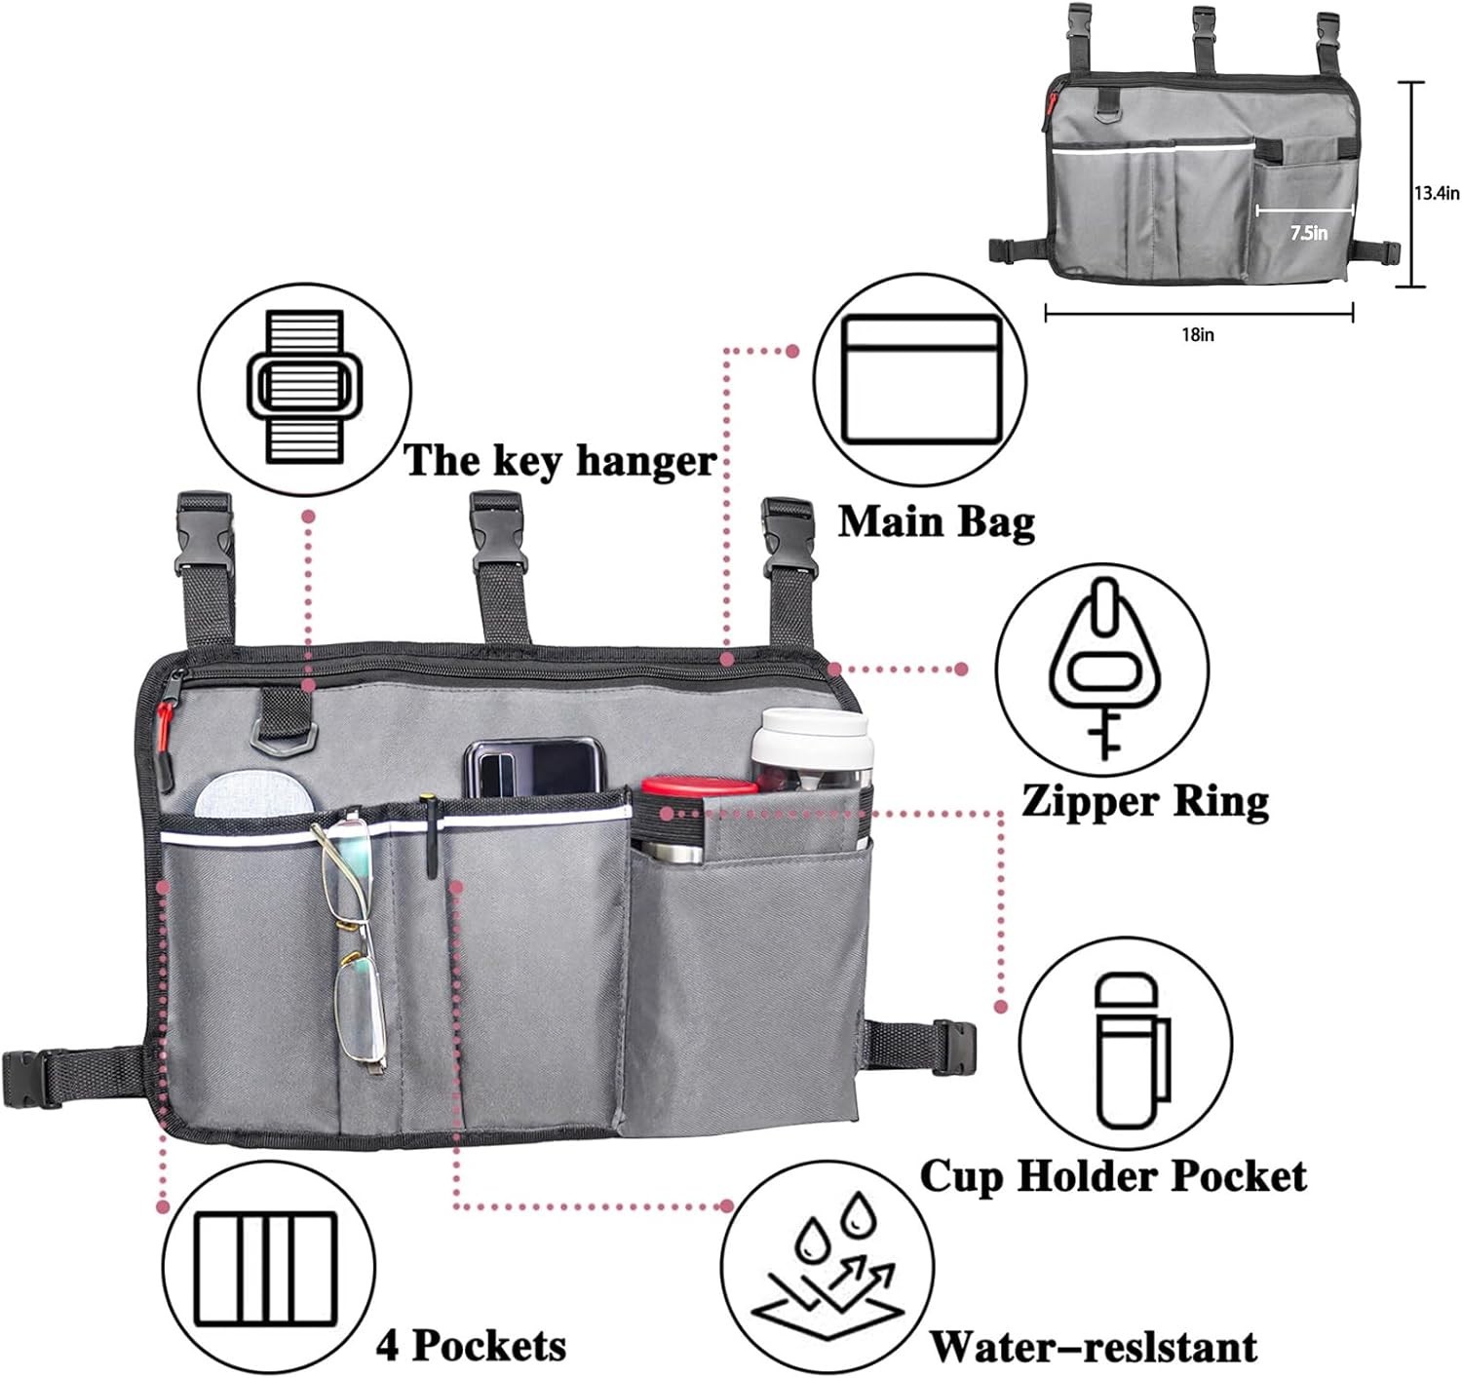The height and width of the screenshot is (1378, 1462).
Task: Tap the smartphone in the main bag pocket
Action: pos(530,766)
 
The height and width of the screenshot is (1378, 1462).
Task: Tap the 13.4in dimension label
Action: pos(1437,193)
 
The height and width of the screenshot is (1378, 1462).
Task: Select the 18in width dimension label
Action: pos(1198,334)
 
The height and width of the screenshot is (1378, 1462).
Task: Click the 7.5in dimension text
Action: pos(1308,233)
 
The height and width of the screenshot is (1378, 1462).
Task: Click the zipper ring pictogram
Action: pos(1101,668)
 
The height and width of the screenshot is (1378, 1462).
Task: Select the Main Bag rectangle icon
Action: pos(921,380)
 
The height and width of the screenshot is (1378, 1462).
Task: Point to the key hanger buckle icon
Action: pos(304,386)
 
